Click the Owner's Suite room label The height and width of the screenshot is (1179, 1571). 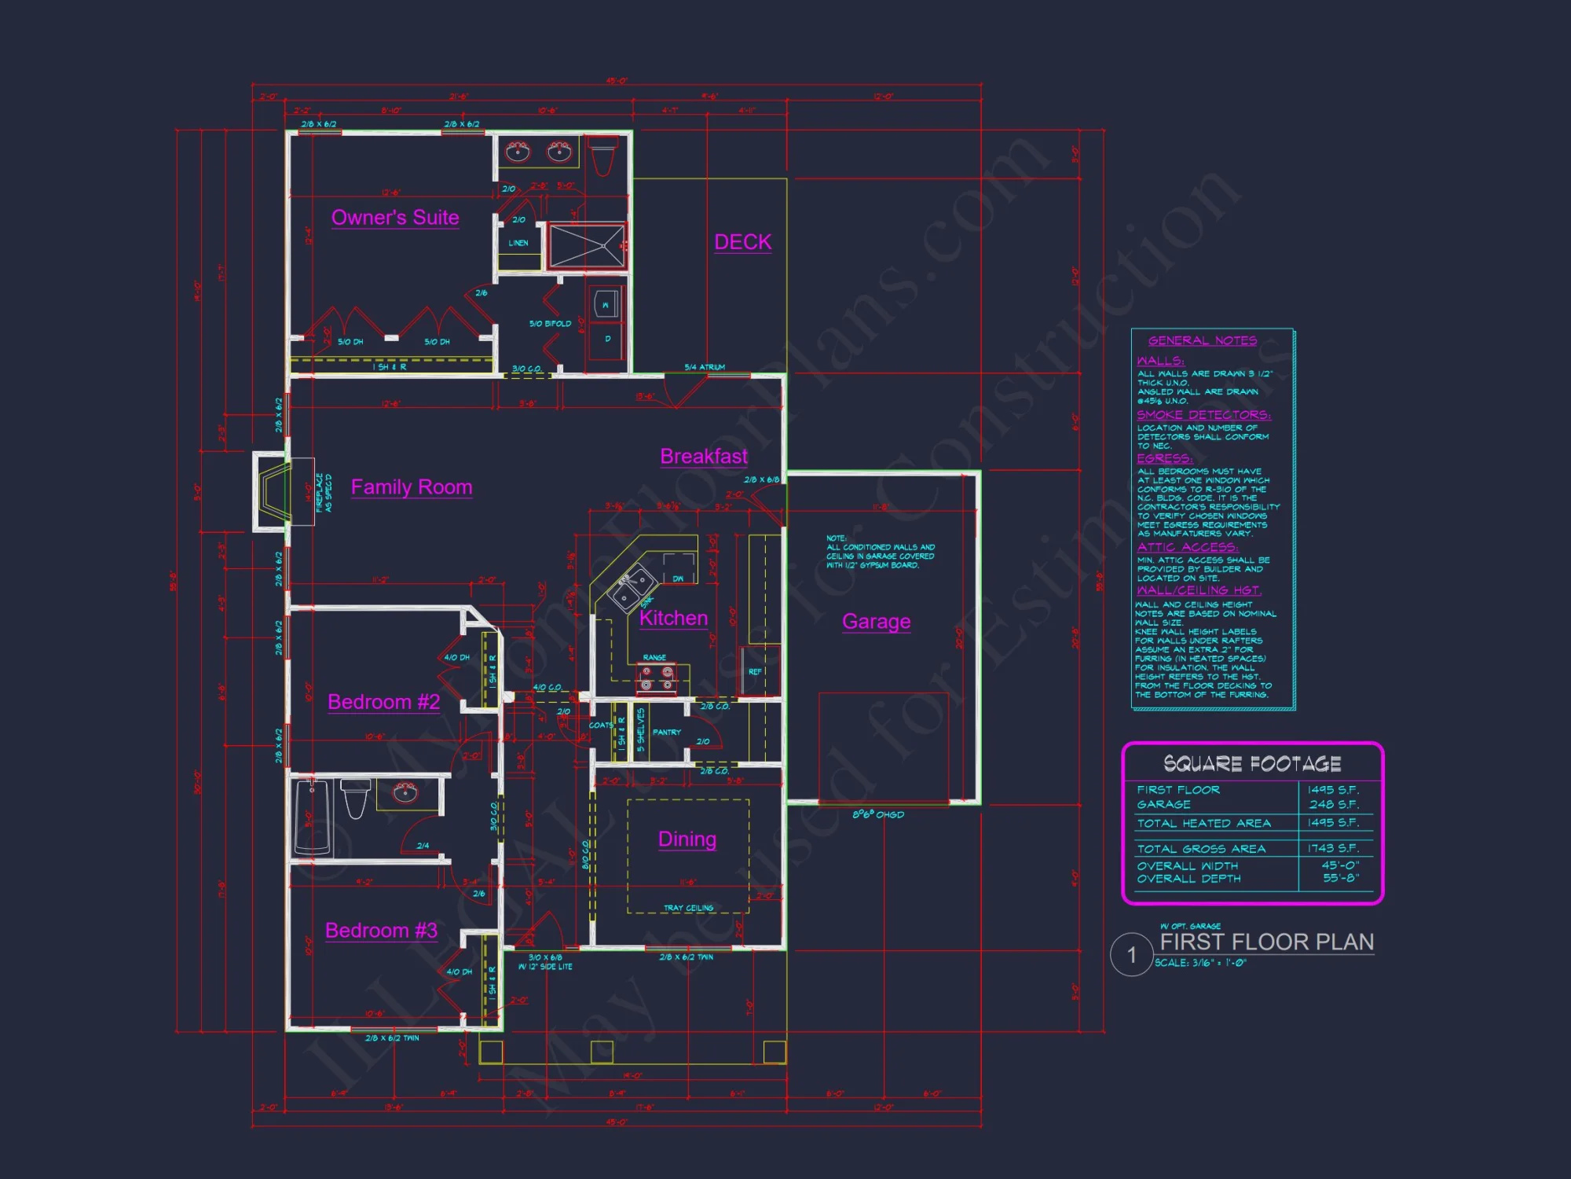(x=395, y=218)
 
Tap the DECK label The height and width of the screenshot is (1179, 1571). (x=742, y=242)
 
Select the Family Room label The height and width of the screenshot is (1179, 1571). (x=411, y=487)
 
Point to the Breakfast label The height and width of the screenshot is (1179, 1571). (x=704, y=457)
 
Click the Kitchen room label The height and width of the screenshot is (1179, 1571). (x=673, y=619)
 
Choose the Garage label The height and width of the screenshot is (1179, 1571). (x=876, y=622)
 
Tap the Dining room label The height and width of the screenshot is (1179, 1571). (x=687, y=839)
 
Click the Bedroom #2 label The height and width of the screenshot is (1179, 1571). (x=383, y=702)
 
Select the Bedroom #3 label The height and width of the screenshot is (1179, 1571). (x=381, y=931)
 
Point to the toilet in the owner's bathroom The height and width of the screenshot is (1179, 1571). (x=602, y=157)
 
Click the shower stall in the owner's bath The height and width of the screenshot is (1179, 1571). (x=587, y=246)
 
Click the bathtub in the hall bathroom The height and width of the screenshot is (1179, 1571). (x=313, y=817)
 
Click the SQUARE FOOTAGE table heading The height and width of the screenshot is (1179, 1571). (x=1252, y=763)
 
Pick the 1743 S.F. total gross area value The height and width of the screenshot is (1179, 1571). (x=1333, y=848)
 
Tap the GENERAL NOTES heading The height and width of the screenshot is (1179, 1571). (x=1202, y=340)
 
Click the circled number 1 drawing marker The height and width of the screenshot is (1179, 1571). (x=1131, y=955)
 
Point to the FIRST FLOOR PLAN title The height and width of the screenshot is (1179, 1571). (x=1266, y=942)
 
